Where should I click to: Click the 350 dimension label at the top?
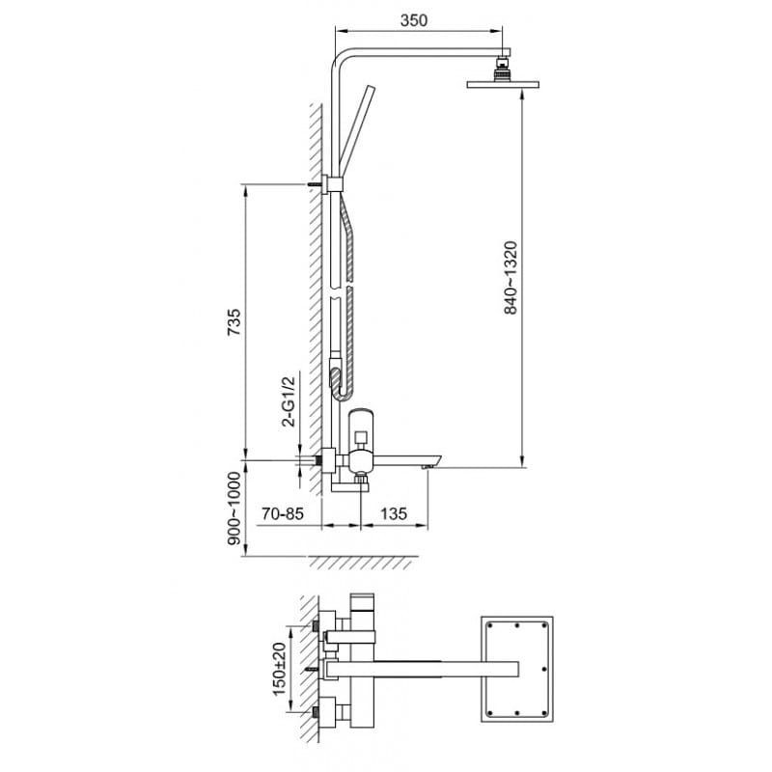[x=414, y=20]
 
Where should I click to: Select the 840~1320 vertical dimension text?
[x=510, y=278]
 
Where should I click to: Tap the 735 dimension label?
[x=234, y=322]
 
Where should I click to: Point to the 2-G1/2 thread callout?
[x=288, y=401]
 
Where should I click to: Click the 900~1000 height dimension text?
[x=234, y=509]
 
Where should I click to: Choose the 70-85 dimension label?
[x=283, y=514]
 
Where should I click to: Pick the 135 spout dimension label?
[x=394, y=514]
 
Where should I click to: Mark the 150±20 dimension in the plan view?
[x=279, y=669]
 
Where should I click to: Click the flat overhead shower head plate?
[x=503, y=84]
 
